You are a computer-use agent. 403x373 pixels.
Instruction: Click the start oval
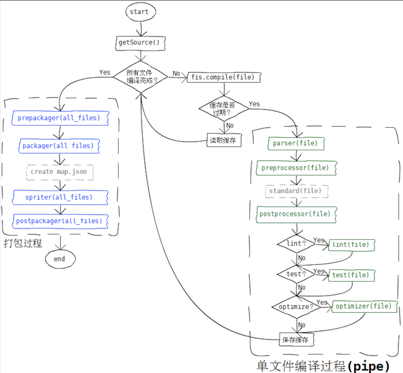coord(141,12)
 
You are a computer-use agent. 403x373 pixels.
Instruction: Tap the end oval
coord(60,259)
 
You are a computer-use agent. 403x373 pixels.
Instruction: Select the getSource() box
coord(140,43)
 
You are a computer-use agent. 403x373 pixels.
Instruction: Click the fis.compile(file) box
coord(224,77)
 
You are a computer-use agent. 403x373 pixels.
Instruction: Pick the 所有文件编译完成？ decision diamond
coord(140,77)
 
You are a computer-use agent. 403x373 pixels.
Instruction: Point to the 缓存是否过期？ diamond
coord(224,109)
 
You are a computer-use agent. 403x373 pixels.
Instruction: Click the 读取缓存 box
coord(224,140)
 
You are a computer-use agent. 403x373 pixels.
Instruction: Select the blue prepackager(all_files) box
coord(60,118)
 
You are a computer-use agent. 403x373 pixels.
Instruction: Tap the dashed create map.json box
coord(60,172)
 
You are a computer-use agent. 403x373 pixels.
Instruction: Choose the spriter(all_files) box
coord(60,198)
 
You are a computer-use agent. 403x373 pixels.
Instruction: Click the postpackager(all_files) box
coord(60,221)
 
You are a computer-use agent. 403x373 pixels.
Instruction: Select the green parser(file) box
coord(296,143)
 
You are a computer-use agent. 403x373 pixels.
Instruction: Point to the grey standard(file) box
coord(297,191)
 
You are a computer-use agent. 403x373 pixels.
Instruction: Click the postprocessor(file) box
coord(296,214)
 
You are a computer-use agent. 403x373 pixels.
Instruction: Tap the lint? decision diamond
coord(296,244)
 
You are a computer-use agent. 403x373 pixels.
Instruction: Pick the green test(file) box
coord(352,275)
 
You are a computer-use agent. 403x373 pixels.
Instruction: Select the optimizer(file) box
coord(364,306)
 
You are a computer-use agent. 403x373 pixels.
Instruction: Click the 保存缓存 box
coord(297,339)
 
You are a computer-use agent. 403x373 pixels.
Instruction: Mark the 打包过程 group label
coord(23,243)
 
